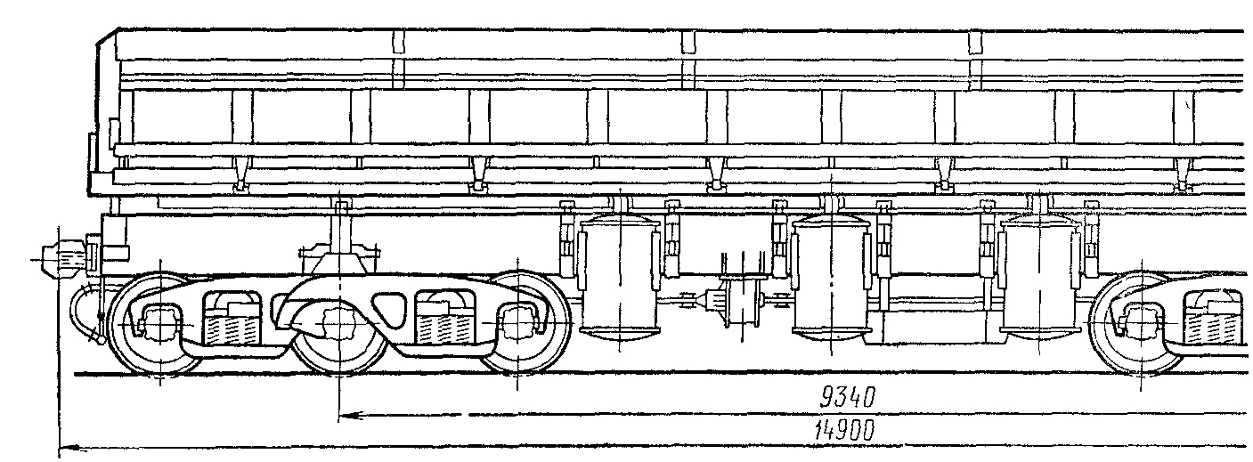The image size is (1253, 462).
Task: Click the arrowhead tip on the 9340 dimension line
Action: pyautogui.click(x=339, y=416)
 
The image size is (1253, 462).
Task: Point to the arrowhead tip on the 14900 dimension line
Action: pyautogui.click(x=60, y=448)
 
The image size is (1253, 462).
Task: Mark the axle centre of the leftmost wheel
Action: pyautogui.click(x=160, y=323)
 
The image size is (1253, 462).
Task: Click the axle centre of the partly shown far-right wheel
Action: pyautogui.click(x=1141, y=324)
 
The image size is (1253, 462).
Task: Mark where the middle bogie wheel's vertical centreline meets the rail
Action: pyautogui.click(x=339, y=373)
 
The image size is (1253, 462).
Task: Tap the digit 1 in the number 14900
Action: pyautogui.click(x=820, y=431)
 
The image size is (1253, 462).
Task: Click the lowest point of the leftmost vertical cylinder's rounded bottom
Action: pyautogui.click(x=619, y=340)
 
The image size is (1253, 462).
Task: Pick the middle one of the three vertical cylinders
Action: pyautogui.click(x=831, y=277)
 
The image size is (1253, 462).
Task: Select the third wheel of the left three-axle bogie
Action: pyautogui.click(x=518, y=323)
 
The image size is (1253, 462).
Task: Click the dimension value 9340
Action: pyautogui.click(x=847, y=398)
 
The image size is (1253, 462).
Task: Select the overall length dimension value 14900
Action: pyautogui.click(x=844, y=431)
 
